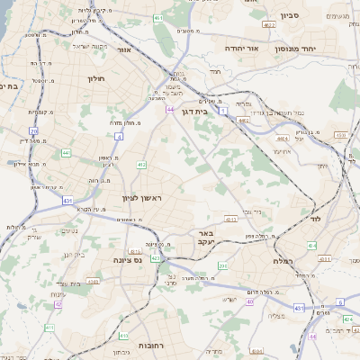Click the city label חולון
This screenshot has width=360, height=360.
point(97,78)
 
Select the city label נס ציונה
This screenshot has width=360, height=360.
point(127,259)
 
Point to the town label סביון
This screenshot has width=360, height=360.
point(289,14)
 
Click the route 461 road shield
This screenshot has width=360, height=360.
point(158,18)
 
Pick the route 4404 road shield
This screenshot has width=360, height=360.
point(283,139)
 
